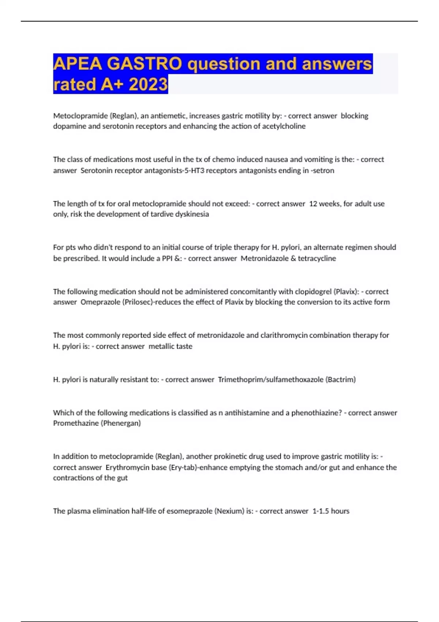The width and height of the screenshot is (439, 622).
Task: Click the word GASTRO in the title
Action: tap(145, 64)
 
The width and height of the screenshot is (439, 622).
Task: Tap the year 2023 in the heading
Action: tap(148, 85)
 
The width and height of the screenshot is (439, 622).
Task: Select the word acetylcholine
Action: tap(284, 126)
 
